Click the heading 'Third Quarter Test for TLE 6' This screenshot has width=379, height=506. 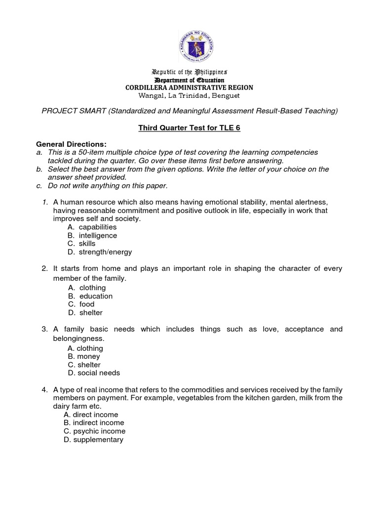click(189, 128)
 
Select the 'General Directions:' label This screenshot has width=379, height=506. click(74, 144)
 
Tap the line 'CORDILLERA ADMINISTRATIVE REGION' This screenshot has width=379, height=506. click(189, 87)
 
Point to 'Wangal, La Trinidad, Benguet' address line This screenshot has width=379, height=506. click(189, 95)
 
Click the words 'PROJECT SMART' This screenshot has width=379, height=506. click(66, 111)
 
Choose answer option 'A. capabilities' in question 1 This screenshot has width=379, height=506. click(92, 227)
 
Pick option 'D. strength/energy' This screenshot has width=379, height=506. click(100, 252)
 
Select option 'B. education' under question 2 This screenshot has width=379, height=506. click(90, 296)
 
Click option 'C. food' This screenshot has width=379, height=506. click(81, 304)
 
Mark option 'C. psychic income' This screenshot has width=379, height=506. click(94, 431)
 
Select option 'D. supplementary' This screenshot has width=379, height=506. click(93, 440)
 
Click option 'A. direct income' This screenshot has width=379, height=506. click(91, 415)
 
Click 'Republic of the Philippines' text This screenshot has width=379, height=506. click(189, 72)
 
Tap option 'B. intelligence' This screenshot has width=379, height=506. click(92, 236)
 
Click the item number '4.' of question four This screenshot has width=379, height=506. click(44, 390)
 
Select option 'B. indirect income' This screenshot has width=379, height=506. click(94, 423)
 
